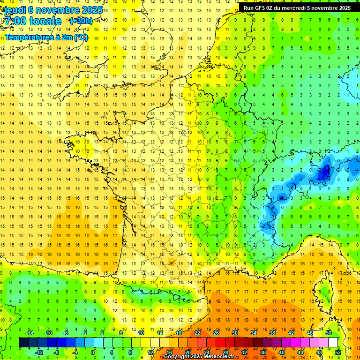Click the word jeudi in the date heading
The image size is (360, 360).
(x=14, y=9)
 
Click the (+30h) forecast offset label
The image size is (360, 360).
(x=81, y=21)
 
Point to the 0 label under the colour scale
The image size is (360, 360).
(x=93, y=352)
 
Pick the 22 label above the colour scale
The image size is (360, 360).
(x=197, y=333)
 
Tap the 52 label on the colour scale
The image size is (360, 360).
(x=338, y=352)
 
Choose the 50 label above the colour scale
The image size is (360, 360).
(x=329, y=333)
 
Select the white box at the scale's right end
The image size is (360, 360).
(x=333, y=343)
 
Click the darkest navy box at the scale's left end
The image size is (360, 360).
(x=24, y=343)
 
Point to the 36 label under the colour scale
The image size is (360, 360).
(x=263, y=352)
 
